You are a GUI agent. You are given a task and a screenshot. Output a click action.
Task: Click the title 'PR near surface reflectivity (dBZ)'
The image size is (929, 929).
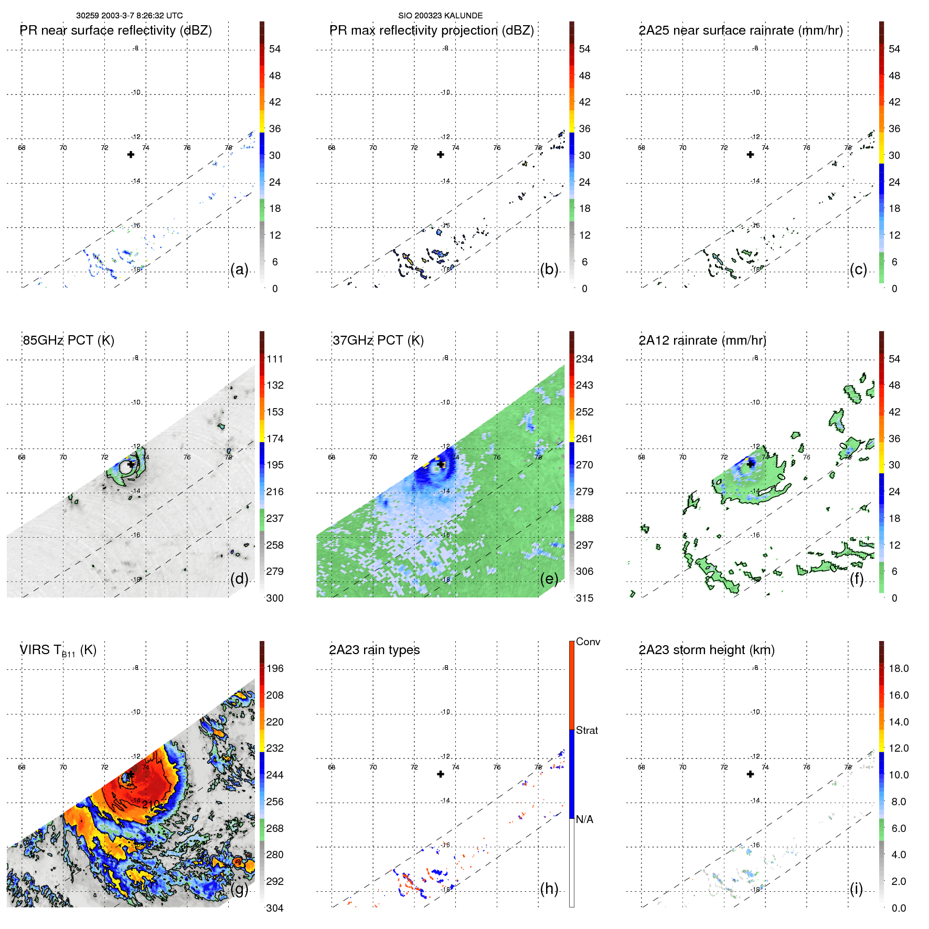[x=116, y=30]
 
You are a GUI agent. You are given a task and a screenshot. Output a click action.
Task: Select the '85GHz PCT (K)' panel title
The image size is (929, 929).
[x=68, y=340]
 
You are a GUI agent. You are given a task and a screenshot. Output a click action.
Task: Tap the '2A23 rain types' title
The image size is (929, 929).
[x=374, y=650]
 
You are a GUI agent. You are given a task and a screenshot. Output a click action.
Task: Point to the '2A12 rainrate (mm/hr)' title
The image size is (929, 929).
[x=702, y=340]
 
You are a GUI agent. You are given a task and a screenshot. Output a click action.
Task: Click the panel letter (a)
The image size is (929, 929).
[x=239, y=270]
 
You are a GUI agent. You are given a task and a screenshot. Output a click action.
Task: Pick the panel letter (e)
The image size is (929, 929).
[x=549, y=579]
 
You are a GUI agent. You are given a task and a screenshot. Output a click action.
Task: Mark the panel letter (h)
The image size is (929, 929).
[x=549, y=889]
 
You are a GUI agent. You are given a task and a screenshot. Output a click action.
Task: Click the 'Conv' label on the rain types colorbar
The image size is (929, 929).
[x=588, y=642]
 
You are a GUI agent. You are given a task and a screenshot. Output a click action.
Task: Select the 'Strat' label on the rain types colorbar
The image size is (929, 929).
[x=587, y=731]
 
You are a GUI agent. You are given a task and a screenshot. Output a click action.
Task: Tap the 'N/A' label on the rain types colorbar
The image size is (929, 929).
[x=584, y=819]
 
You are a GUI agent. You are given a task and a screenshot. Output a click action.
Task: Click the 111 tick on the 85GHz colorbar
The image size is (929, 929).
[x=275, y=359]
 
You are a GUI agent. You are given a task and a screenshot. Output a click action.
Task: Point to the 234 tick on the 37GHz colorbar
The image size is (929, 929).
[x=584, y=359]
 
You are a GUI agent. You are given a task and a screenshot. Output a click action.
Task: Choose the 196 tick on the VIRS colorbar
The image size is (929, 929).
[x=275, y=669]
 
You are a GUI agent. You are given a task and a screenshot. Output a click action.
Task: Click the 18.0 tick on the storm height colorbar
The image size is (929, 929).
[x=899, y=669]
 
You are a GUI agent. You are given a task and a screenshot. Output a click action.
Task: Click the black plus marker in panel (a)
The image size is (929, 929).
[x=131, y=154]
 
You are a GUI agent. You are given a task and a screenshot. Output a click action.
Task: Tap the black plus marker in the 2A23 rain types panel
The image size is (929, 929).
[x=441, y=774]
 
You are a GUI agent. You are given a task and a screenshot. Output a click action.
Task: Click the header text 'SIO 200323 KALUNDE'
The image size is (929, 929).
[x=440, y=16]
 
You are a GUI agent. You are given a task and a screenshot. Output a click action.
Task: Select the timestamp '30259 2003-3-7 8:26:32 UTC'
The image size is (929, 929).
[x=130, y=16]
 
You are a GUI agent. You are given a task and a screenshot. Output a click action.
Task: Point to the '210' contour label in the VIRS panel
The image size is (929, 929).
[x=151, y=804]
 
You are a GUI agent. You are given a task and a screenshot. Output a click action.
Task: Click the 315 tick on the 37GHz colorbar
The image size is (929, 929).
[x=584, y=599]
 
